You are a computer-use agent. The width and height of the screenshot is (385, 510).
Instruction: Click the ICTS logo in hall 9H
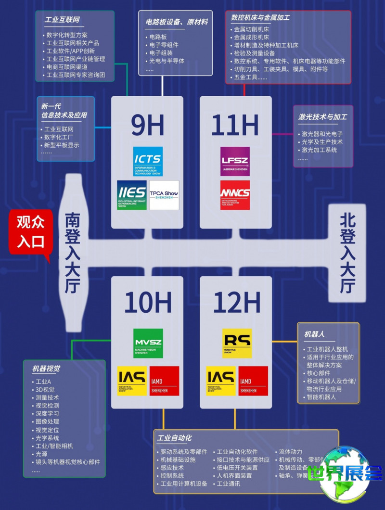point(148,161)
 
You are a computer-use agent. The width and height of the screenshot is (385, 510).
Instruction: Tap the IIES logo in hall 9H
point(131,195)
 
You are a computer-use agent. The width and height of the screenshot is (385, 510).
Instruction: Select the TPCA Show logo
point(164,195)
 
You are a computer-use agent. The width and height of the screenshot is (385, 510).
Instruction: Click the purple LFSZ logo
point(235,161)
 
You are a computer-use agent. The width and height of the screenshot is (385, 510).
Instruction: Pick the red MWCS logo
point(235,195)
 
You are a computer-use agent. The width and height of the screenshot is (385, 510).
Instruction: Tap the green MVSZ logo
point(148,343)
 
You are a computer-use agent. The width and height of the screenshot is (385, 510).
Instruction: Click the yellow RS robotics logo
point(237,343)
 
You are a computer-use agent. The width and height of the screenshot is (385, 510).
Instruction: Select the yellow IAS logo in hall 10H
point(132,381)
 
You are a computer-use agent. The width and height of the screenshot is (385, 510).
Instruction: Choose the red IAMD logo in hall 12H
point(253,381)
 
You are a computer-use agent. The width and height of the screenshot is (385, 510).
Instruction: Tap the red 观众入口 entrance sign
point(30,232)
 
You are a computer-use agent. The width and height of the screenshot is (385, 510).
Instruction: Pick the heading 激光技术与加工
point(322,117)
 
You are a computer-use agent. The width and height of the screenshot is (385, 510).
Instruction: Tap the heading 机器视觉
point(46,369)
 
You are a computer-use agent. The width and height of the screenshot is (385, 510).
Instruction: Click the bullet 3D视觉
point(45,390)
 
